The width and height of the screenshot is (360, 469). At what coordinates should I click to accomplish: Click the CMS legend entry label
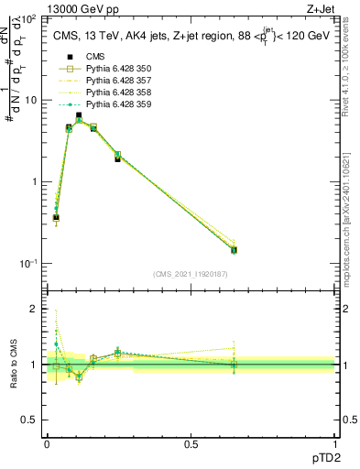click(x=95, y=57)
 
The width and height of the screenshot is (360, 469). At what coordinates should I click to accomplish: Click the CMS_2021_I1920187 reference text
click(x=190, y=274)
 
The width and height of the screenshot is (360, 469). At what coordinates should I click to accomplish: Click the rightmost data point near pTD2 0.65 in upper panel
click(x=234, y=249)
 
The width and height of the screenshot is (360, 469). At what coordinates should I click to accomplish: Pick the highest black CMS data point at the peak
click(x=79, y=115)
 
